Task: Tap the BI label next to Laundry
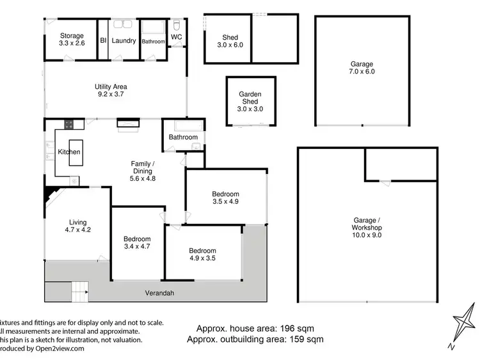[103, 40]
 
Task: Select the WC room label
[177, 37]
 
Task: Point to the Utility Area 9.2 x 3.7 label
[111, 90]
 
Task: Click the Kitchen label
[68, 152]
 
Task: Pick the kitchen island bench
[76, 153]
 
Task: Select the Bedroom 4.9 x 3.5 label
[202, 254]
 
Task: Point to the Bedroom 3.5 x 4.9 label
[225, 198]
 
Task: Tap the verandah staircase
[79, 292]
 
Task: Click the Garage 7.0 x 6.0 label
[362, 68]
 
